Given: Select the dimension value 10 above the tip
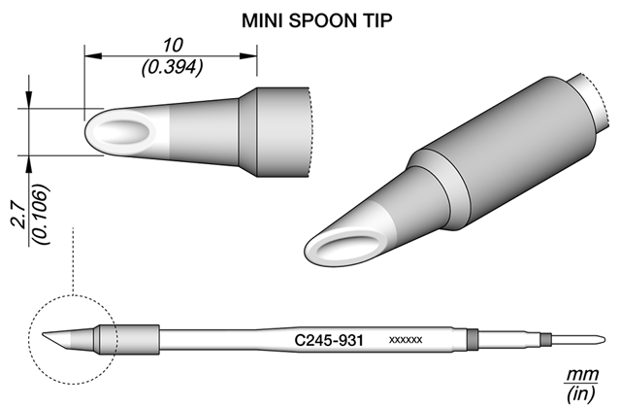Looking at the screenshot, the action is coord(173,46).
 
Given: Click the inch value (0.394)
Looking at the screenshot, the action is coord(173,67).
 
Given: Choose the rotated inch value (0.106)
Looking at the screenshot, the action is coord(41,215).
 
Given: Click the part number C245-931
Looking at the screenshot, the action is coord(329,340).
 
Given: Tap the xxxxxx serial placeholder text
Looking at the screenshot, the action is coord(406,340).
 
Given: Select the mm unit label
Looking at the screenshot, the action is coord(582,374).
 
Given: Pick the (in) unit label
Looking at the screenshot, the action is coord(581,393).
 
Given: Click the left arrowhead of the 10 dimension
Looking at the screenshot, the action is coord(93,56).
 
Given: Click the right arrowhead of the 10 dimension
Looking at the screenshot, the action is coord(248,56).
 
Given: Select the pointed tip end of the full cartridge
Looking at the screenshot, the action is coord(43,333).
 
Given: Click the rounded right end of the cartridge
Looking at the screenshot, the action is coord(604,340).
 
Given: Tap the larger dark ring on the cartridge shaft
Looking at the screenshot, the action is coord(473,340).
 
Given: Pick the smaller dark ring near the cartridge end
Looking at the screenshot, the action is coord(546,340).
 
